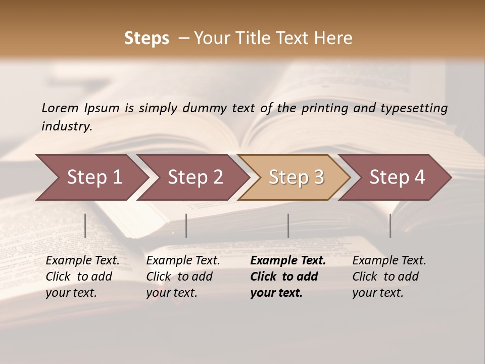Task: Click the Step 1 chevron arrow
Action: [x=91, y=177]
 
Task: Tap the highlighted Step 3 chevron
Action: [x=295, y=177]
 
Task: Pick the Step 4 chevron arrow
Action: [x=396, y=177]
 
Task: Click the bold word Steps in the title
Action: [x=147, y=38]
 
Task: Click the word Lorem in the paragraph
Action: [x=60, y=108]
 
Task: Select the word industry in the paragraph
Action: [x=67, y=126]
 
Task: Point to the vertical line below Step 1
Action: [x=85, y=225]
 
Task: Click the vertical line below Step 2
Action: [x=186, y=225]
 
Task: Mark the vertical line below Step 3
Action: [x=288, y=225]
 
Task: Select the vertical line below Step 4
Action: [x=390, y=225]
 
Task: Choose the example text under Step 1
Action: [x=82, y=277]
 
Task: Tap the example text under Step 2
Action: [x=183, y=277]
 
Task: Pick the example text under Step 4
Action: [x=389, y=277]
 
